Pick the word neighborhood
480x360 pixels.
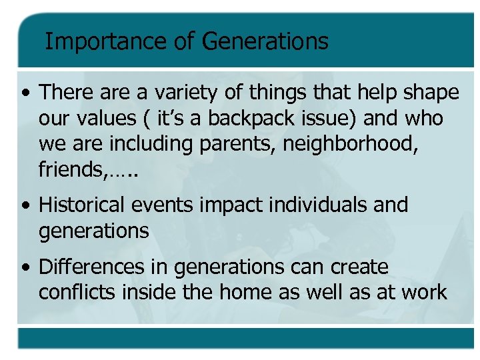[351, 144]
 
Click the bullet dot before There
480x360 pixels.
[25, 93]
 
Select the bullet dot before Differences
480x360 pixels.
[25, 268]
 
